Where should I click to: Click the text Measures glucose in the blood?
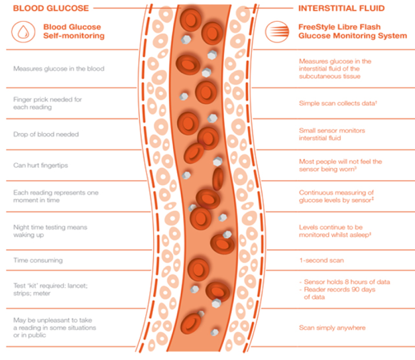[x=58, y=68]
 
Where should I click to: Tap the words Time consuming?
[x=37, y=261]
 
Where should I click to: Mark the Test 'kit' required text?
[x=50, y=289]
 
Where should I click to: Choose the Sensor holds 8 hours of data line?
[x=345, y=282]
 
